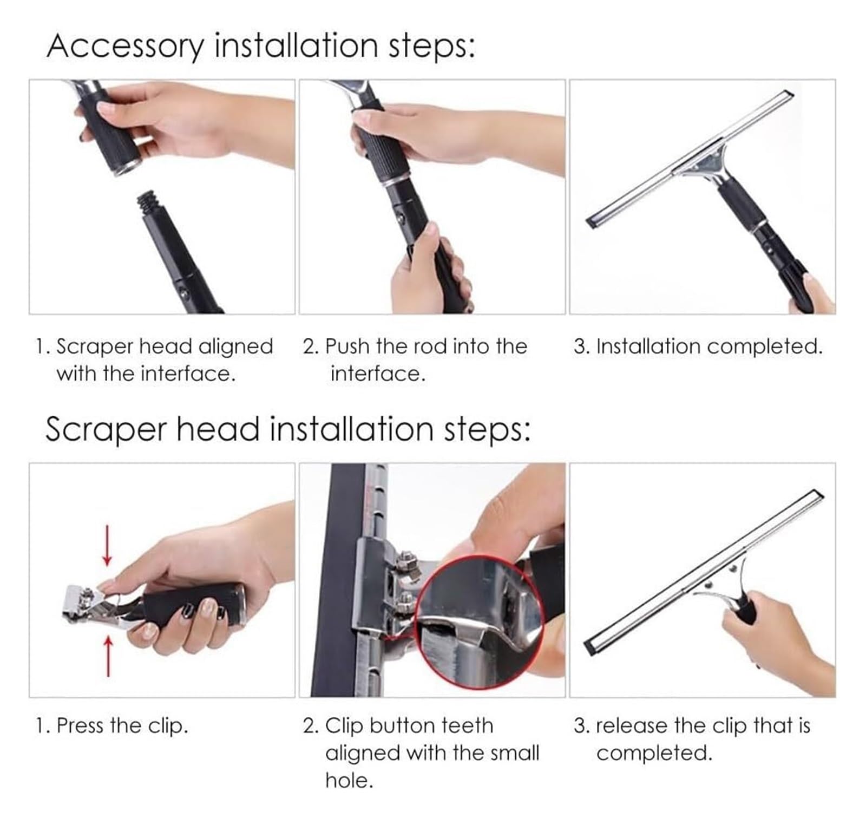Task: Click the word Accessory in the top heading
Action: click(126, 47)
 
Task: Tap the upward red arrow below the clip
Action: click(108, 656)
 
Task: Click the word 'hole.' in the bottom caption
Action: click(349, 781)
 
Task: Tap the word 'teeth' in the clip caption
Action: click(467, 726)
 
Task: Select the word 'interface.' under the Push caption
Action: click(378, 374)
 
